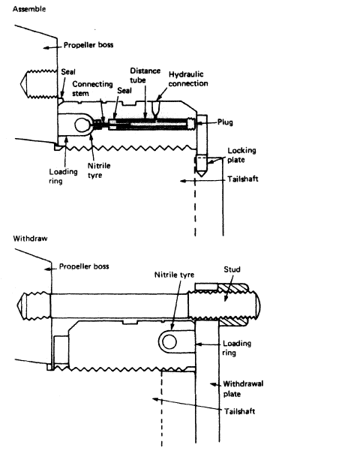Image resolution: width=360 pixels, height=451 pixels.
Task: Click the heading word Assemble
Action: click(x=29, y=9)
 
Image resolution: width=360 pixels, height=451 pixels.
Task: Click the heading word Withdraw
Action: click(x=30, y=239)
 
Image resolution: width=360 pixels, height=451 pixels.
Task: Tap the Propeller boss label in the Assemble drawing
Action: click(x=88, y=45)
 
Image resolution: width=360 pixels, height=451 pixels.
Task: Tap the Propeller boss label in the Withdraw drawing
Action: click(x=84, y=266)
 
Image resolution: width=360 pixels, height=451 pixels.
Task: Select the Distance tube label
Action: click(x=145, y=75)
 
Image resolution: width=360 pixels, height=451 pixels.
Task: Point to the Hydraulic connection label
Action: click(x=188, y=79)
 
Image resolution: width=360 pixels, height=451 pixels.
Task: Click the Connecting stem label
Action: click(x=92, y=89)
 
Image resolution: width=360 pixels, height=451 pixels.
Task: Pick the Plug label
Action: click(x=225, y=122)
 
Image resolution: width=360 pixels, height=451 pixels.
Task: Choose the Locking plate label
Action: click(x=241, y=155)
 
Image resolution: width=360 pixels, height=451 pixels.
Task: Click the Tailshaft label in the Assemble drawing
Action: click(x=243, y=179)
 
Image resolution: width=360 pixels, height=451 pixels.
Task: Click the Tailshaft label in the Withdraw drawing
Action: click(x=239, y=411)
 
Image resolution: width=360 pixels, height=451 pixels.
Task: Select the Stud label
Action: click(x=232, y=269)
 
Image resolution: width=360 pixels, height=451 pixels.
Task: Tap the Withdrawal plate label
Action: click(x=243, y=389)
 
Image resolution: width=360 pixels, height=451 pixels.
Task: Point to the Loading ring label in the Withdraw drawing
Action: click(x=237, y=347)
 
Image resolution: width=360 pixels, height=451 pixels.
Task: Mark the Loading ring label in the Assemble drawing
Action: click(x=63, y=176)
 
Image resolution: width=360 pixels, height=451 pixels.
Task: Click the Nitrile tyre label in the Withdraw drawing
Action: click(x=174, y=275)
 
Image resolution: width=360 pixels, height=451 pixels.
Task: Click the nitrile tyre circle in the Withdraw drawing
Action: click(x=169, y=342)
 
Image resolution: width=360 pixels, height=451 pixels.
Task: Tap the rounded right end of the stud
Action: click(x=258, y=305)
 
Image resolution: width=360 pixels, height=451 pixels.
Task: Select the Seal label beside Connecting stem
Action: click(x=124, y=91)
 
